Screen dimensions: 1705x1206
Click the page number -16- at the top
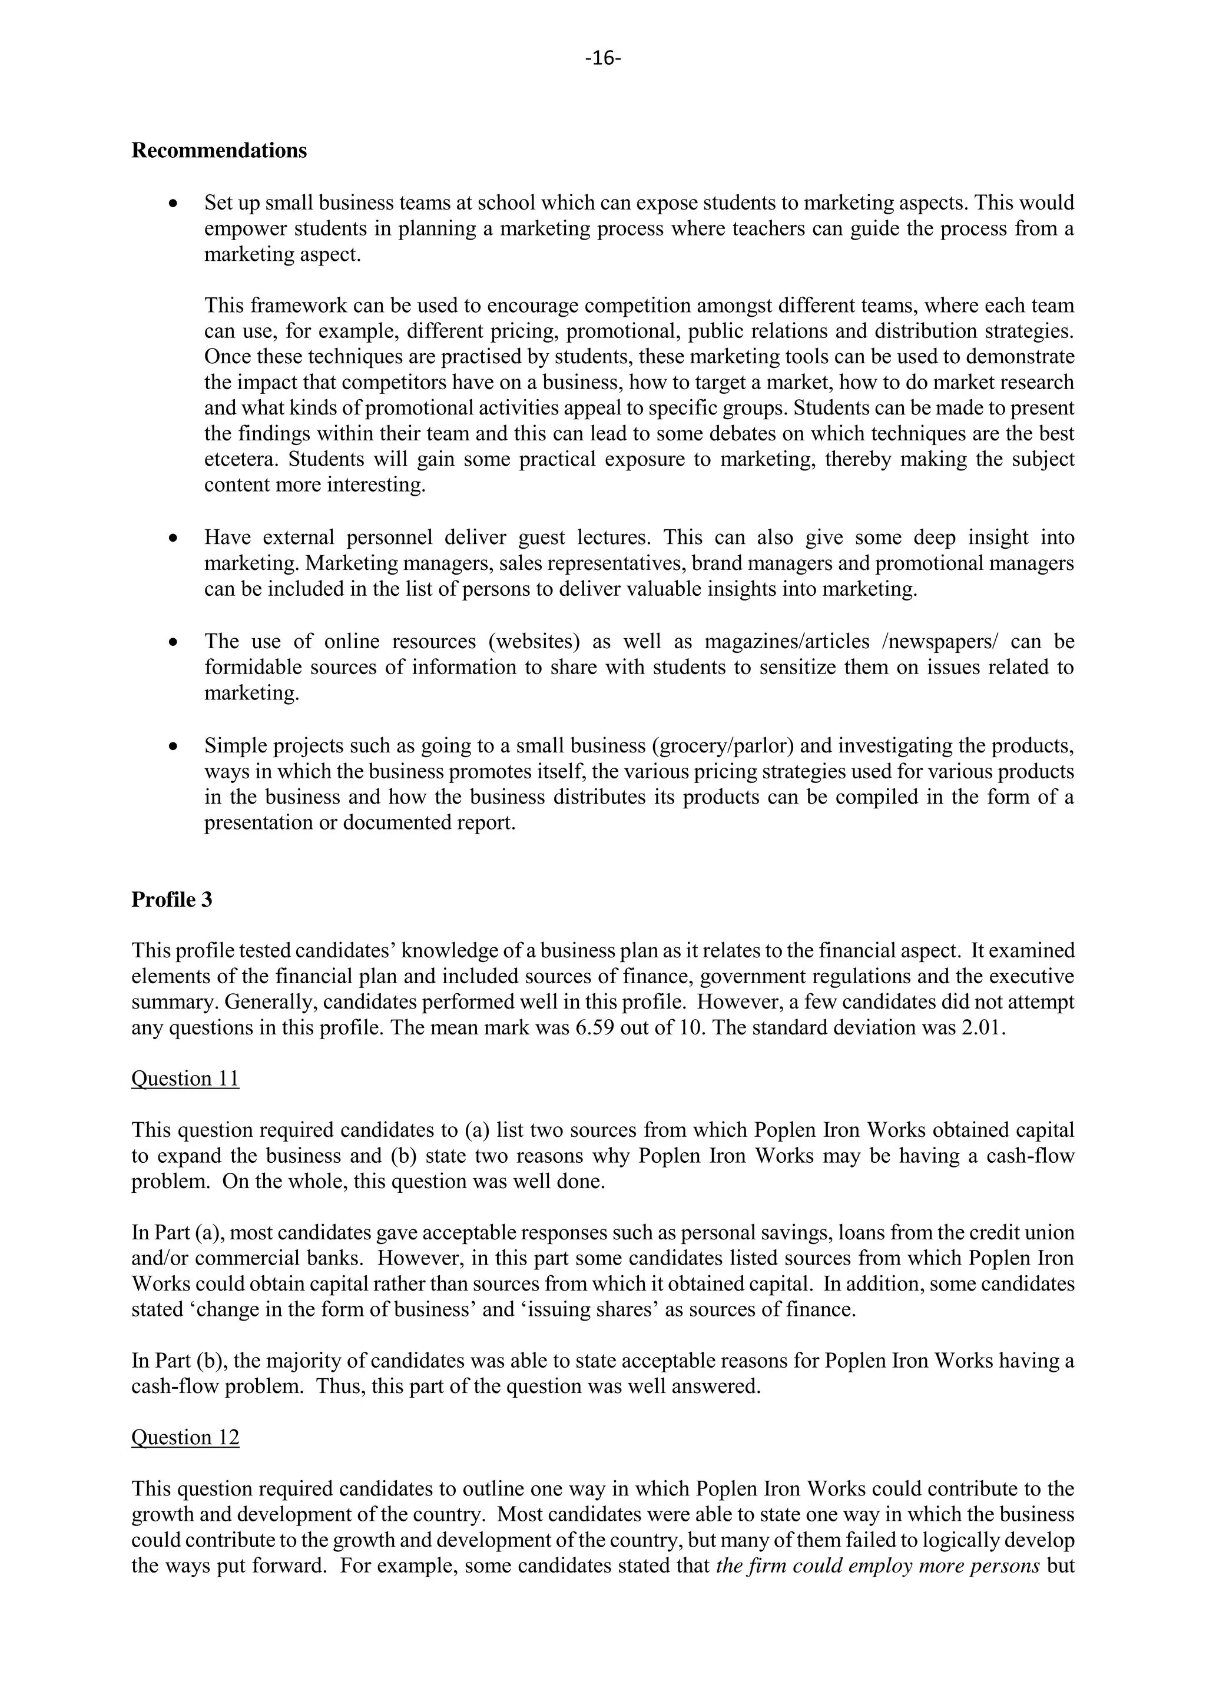click(602, 58)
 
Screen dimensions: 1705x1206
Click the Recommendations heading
click(218, 151)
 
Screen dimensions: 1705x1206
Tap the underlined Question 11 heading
click(185, 1078)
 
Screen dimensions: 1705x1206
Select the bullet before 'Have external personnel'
click(173, 538)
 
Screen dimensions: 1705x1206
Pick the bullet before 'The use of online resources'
click(173, 642)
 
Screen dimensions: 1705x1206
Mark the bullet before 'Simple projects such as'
click(173, 745)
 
